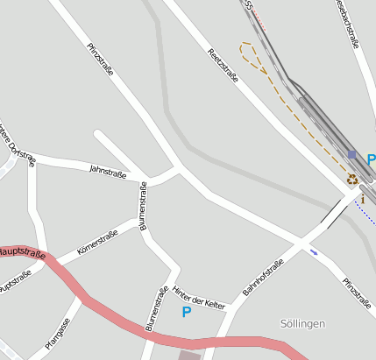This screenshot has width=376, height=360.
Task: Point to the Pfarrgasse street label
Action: pos(58,334)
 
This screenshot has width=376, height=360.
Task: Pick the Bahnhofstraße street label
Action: pos(264,277)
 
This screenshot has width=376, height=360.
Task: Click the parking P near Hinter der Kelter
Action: pos(186,312)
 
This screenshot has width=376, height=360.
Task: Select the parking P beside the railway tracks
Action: pos(371,160)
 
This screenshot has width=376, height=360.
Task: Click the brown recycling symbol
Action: pos(352,180)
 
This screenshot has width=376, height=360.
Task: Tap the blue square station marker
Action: pos(352,154)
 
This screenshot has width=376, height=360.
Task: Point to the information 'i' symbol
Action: pos(362,199)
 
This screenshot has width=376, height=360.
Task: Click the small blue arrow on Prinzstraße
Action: pos(315,253)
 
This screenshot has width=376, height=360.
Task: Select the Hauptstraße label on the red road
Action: pos(21,253)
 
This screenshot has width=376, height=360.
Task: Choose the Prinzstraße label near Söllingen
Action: pos(358,293)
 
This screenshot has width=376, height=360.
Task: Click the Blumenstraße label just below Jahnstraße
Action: pos(143,212)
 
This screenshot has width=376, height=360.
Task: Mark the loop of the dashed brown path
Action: pos(252,54)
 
